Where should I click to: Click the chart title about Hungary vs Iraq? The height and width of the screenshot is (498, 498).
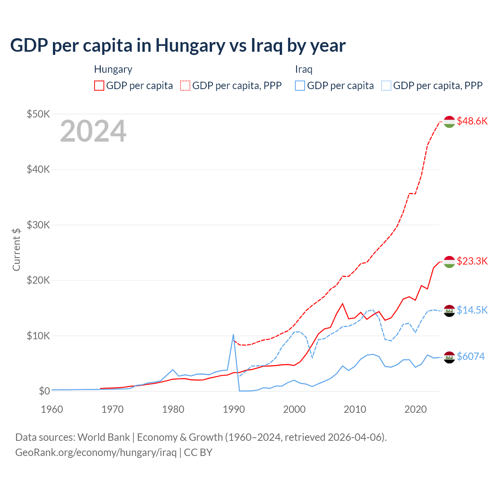click(178, 45)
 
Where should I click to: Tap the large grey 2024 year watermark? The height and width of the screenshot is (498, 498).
click(93, 131)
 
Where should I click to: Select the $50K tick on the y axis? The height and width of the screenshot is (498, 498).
click(38, 114)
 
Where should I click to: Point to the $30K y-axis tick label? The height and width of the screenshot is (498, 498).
click(38, 225)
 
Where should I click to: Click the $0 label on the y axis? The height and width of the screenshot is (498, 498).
click(44, 391)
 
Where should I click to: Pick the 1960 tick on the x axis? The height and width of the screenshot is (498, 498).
click(52, 409)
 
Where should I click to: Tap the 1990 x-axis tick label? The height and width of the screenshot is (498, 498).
click(234, 409)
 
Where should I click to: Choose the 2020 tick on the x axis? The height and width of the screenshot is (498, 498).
click(416, 409)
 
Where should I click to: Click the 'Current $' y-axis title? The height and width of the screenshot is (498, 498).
click(16, 249)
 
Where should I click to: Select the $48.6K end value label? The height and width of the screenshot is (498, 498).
click(472, 121)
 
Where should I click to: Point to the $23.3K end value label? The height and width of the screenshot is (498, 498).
click(472, 261)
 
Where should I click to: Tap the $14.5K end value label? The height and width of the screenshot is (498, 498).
click(472, 310)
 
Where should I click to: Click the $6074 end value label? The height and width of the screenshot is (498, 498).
click(470, 356)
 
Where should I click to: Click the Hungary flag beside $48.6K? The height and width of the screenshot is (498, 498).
click(449, 122)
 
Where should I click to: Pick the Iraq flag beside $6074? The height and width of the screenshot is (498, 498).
click(449, 357)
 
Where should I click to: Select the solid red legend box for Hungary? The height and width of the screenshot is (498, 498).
click(99, 86)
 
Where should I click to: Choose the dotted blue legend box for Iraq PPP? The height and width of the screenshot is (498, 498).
click(386, 86)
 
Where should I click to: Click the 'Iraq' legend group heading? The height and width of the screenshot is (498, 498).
click(303, 70)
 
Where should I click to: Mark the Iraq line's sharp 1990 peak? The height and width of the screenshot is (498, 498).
click(233, 335)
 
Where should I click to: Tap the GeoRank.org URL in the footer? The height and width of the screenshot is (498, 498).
click(96, 452)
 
